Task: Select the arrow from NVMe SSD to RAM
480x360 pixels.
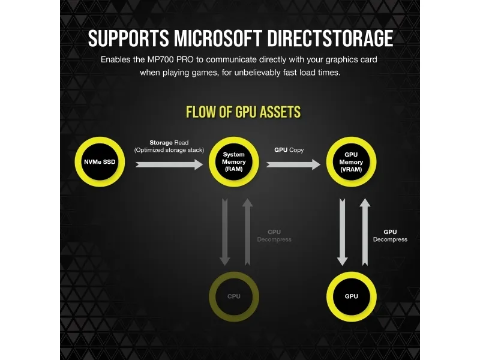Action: pos(169,164)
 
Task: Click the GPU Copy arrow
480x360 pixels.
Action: pos(293,164)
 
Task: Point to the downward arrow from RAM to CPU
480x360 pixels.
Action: pos(224,232)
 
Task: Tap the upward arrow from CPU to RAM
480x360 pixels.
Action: pos(247,232)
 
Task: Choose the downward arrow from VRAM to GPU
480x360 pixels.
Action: pos(342,232)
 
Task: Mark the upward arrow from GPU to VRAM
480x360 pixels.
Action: pos(365,232)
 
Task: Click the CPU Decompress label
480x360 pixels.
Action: pos(274,236)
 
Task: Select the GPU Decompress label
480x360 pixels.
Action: pos(390,236)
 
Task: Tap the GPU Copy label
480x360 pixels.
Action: pos(289,149)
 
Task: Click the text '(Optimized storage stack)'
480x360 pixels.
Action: pos(169,150)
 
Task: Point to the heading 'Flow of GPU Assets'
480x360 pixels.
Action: pos(244,112)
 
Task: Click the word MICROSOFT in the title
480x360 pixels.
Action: pos(218,38)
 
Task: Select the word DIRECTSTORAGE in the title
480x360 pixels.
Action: pos(330,38)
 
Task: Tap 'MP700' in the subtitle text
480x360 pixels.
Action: pos(160,59)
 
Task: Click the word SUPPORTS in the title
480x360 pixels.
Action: pos(128,38)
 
